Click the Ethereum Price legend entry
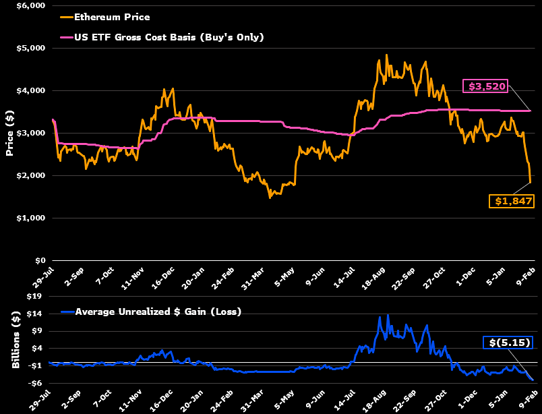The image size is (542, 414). click(112, 17)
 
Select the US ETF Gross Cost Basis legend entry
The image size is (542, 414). click(169, 36)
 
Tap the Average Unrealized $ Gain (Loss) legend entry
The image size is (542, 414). click(158, 312)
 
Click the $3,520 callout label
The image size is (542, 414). click(484, 86)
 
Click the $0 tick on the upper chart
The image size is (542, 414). click(40, 260)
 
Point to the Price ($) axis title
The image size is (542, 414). click(10, 133)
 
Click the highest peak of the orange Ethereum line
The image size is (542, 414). click(386, 55)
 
